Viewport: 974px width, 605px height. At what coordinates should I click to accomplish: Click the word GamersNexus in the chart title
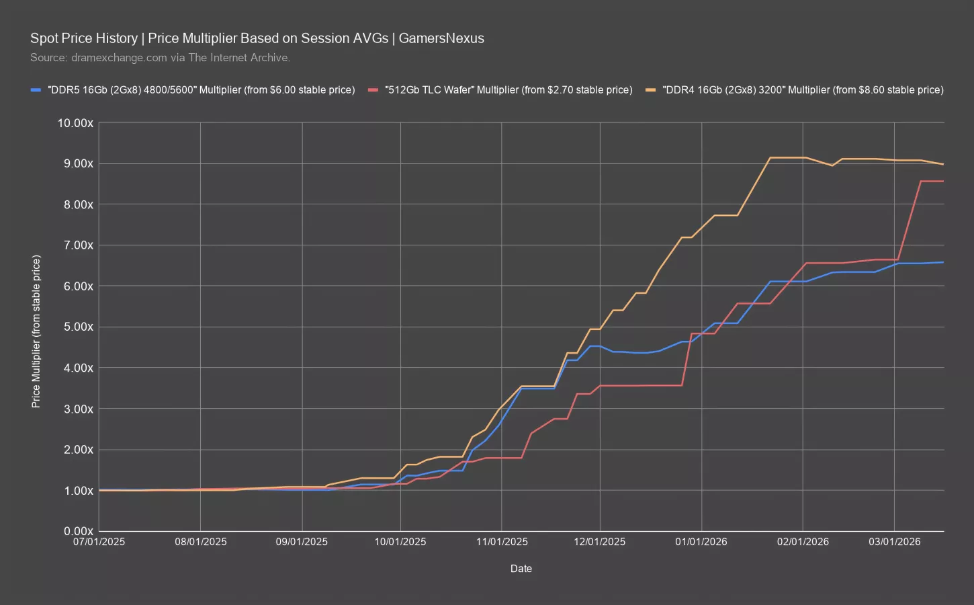click(441, 38)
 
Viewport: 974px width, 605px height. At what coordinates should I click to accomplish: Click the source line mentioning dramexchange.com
click(160, 58)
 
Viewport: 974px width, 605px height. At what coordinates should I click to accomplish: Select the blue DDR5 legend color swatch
click(36, 89)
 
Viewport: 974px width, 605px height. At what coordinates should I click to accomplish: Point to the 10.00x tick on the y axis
click(75, 123)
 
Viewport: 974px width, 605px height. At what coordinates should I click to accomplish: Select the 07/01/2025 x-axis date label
click(99, 542)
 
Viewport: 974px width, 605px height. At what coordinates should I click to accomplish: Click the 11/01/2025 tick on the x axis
click(501, 542)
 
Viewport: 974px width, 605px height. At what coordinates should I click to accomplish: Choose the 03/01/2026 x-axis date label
click(893, 542)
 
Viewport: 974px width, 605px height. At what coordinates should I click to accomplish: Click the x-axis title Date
click(521, 569)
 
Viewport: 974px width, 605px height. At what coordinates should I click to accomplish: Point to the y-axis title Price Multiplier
click(36, 331)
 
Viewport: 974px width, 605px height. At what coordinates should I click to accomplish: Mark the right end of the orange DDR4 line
click(943, 164)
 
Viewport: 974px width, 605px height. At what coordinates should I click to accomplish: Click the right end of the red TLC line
click(943, 182)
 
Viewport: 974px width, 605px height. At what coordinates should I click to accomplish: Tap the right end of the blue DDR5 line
click(943, 262)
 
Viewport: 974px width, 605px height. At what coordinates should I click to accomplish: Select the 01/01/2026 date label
click(701, 542)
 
